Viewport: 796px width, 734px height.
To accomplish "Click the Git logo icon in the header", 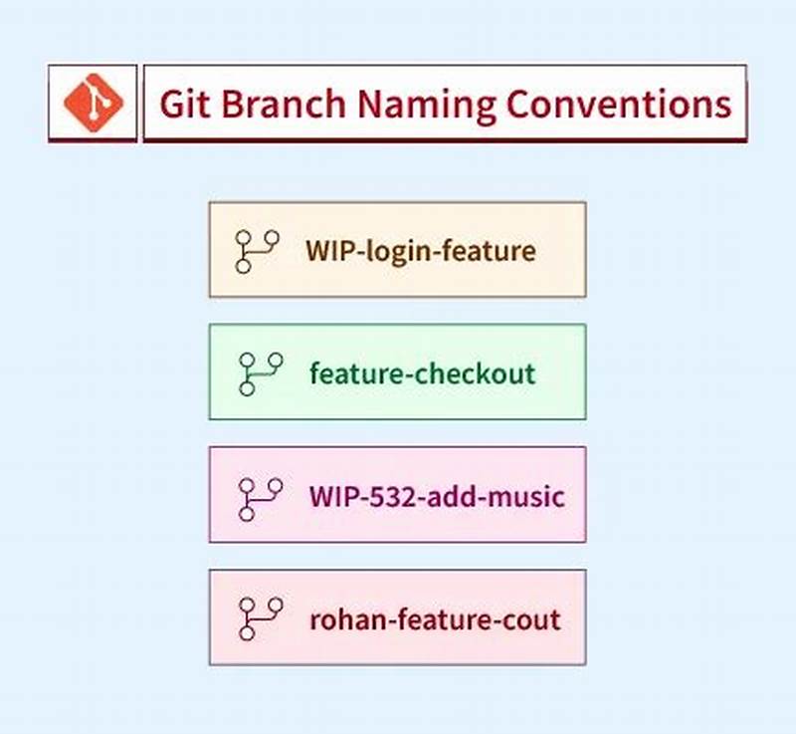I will click(x=93, y=103).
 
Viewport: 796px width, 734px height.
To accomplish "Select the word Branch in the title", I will click(x=285, y=104).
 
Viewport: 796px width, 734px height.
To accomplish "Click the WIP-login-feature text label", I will click(x=420, y=250).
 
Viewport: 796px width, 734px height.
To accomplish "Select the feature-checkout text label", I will click(x=422, y=373).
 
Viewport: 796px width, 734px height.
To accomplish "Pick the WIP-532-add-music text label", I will click(x=436, y=496).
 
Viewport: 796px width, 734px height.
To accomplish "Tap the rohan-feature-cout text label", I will click(x=435, y=619).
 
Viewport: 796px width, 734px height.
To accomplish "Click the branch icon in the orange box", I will click(x=257, y=251).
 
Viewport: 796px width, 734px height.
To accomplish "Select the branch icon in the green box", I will click(x=261, y=374).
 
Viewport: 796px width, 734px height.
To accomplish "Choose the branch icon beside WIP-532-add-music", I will click(x=261, y=498).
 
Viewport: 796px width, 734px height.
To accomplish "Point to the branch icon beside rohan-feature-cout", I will click(x=261, y=618).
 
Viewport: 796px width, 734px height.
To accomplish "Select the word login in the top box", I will click(x=398, y=251).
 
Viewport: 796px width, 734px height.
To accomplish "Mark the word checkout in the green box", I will click(x=475, y=373).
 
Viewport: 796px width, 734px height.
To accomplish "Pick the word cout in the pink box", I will click(x=532, y=619).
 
